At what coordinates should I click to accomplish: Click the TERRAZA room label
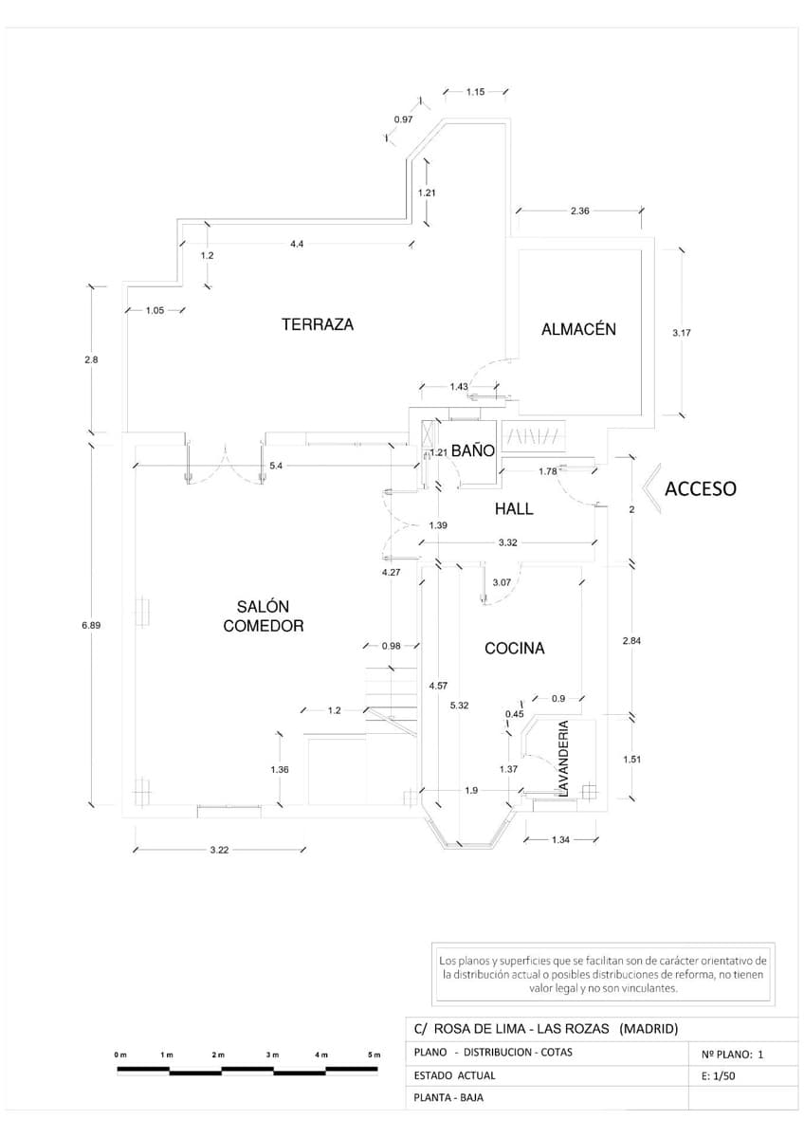pyautogui.click(x=317, y=324)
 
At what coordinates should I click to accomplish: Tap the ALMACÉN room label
pyautogui.click(x=578, y=329)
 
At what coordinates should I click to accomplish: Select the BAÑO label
pyautogui.click(x=472, y=451)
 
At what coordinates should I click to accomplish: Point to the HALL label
pyautogui.click(x=514, y=508)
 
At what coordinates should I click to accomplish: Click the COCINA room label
pyautogui.click(x=514, y=649)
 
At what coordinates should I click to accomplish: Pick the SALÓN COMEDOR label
pyautogui.click(x=263, y=615)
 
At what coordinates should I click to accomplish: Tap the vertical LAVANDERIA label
pyautogui.click(x=563, y=758)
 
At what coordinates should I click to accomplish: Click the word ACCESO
pyautogui.click(x=700, y=489)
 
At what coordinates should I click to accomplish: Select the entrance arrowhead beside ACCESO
pyautogui.click(x=649, y=488)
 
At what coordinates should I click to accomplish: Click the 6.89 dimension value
pyautogui.click(x=91, y=625)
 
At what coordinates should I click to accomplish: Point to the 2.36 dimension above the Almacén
pyautogui.click(x=579, y=211)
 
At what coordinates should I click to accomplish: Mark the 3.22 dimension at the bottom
pyautogui.click(x=219, y=850)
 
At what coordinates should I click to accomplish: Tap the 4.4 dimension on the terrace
pyautogui.click(x=297, y=244)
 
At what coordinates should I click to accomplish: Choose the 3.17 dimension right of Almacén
pyautogui.click(x=681, y=333)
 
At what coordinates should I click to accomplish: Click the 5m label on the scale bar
pyautogui.click(x=374, y=1055)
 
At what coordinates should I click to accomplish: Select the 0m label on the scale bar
pyautogui.click(x=119, y=1055)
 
